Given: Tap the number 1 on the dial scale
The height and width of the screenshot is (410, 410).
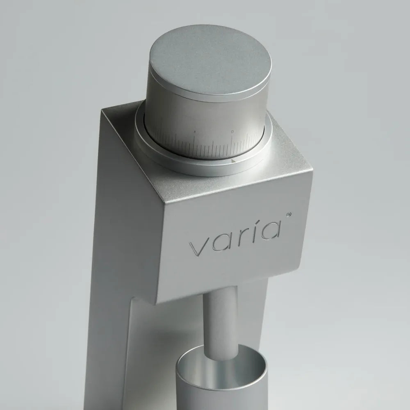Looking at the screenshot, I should click(195, 132).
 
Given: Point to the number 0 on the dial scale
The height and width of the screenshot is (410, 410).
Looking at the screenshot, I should click(232, 132).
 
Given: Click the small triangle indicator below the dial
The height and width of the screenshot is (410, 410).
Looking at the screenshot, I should click(234, 162).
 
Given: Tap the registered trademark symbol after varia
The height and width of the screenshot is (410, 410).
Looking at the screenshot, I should click(289, 214).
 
